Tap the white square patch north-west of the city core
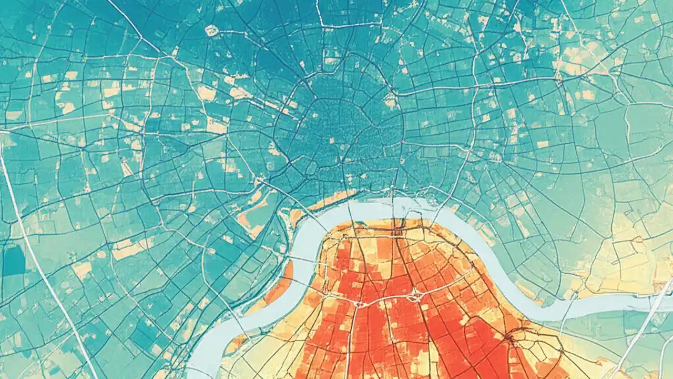coord(211,31)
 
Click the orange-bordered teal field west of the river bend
coord(252,216)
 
